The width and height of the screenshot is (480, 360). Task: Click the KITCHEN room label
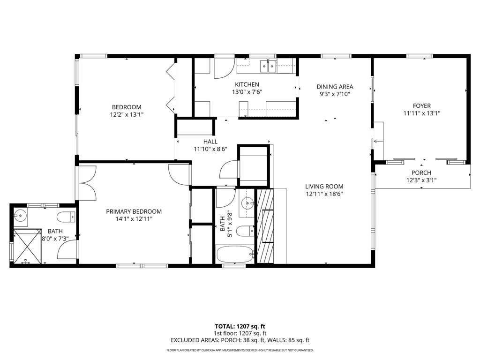click(247, 84)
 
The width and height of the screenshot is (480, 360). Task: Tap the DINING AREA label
click(335, 87)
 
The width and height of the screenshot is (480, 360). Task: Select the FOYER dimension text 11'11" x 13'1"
click(421, 113)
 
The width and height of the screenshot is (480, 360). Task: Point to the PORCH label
click(421, 173)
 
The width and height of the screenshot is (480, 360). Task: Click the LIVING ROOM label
click(324, 187)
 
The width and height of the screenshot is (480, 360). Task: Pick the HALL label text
click(210, 142)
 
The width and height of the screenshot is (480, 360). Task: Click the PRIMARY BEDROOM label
click(134, 211)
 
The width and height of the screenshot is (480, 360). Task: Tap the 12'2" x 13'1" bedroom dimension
click(127, 115)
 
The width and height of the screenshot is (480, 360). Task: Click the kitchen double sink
click(268, 66)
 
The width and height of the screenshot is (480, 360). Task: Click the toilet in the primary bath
click(66, 217)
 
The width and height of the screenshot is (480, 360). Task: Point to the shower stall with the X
click(27, 246)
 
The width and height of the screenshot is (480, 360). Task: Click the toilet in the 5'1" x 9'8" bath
click(246, 231)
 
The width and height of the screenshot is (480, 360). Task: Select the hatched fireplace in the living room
click(265, 226)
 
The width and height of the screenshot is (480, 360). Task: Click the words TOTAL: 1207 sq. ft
click(240, 326)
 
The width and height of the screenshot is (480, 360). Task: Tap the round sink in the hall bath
click(247, 203)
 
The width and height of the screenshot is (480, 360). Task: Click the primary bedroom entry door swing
click(179, 175)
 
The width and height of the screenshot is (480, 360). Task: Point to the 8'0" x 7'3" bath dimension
click(55, 239)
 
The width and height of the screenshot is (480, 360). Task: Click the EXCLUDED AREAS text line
click(240, 340)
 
